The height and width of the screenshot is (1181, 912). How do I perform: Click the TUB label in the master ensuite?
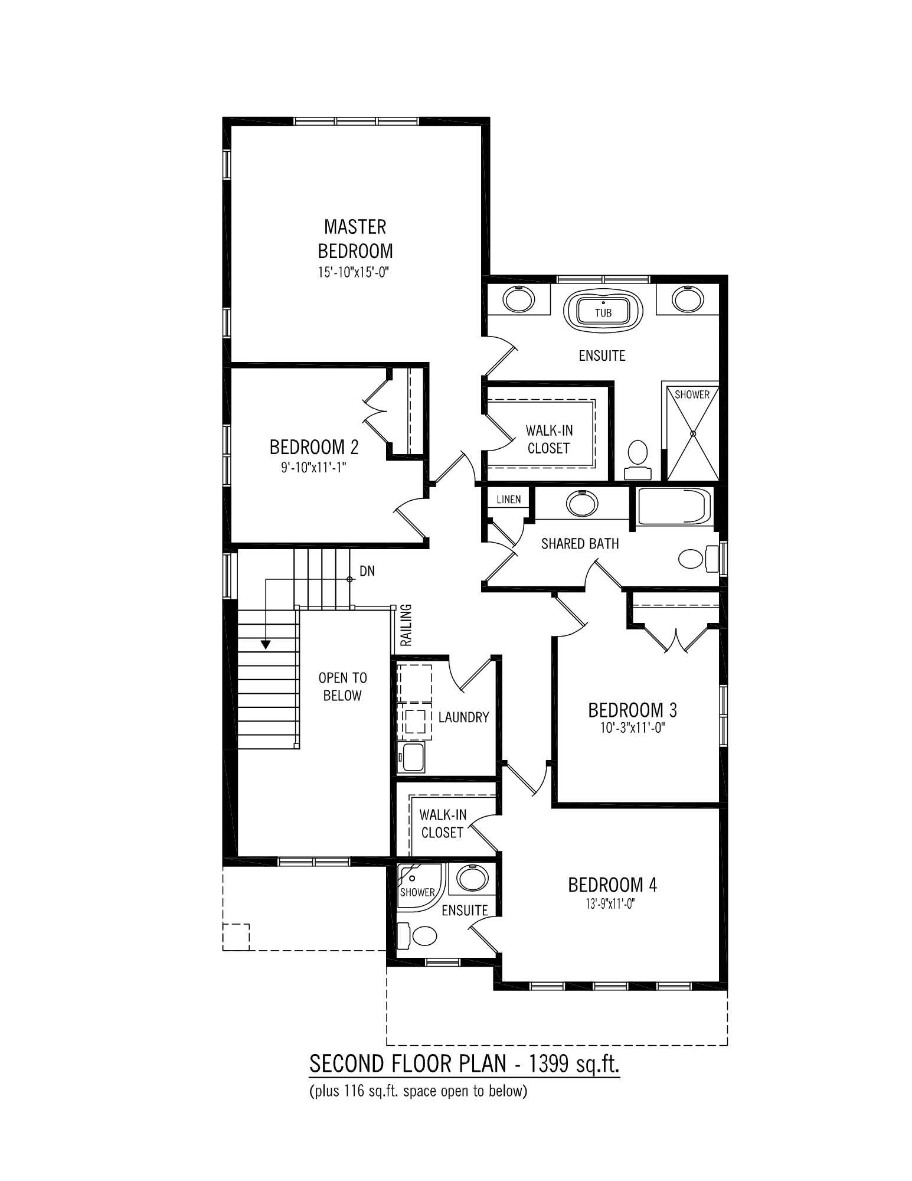603,313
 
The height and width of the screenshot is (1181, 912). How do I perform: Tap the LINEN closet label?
508,500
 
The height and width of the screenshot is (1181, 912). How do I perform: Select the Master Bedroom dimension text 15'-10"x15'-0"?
355,273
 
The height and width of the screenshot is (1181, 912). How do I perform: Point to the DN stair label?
367,572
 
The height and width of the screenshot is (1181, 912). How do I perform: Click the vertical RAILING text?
406,625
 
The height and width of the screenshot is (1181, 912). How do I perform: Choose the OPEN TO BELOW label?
342,687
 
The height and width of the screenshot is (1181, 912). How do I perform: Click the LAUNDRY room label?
463,717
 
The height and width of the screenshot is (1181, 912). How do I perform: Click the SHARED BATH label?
580,544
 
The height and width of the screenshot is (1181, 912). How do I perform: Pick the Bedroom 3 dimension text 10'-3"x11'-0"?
632,728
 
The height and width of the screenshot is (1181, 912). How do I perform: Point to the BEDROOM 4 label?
612,885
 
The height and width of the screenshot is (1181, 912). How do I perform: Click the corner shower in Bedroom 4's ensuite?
416,883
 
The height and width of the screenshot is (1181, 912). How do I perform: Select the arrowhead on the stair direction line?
266,644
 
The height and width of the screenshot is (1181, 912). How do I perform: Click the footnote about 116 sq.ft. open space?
418,1091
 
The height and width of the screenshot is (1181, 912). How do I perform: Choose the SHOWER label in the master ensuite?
692,394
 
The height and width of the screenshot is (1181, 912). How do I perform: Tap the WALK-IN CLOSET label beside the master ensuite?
548,439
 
